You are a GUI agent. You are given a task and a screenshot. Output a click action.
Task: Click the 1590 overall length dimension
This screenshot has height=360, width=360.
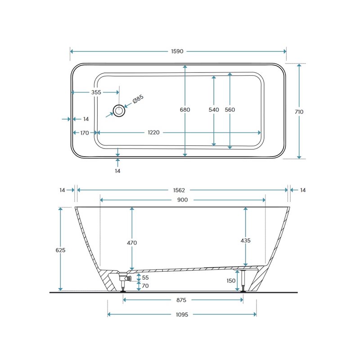pyautogui.click(x=177, y=51)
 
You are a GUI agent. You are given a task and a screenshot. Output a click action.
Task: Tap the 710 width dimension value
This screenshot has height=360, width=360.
pyautogui.click(x=299, y=112)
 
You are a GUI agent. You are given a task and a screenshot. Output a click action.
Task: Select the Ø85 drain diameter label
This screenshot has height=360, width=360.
pyautogui.click(x=138, y=99)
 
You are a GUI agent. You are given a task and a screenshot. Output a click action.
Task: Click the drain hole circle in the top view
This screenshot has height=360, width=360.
pyautogui.click(x=119, y=111)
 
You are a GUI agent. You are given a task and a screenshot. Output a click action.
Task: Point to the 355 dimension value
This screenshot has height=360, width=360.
pyautogui.click(x=96, y=92)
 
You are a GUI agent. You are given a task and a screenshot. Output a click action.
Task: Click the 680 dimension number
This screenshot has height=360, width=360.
pyautogui.click(x=185, y=110)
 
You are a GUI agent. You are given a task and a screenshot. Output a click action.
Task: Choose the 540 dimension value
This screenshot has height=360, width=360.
pyautogui.click(x=214, y=110)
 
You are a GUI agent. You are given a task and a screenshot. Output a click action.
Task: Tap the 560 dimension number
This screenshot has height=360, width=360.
pyautogui.click(x=230, y=110)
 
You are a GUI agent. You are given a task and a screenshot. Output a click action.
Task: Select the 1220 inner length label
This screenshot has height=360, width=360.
pyautogui.click(x=153, y=132)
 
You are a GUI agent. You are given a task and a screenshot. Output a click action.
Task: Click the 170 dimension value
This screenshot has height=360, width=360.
pyautogui.click(x=85, y=133)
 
